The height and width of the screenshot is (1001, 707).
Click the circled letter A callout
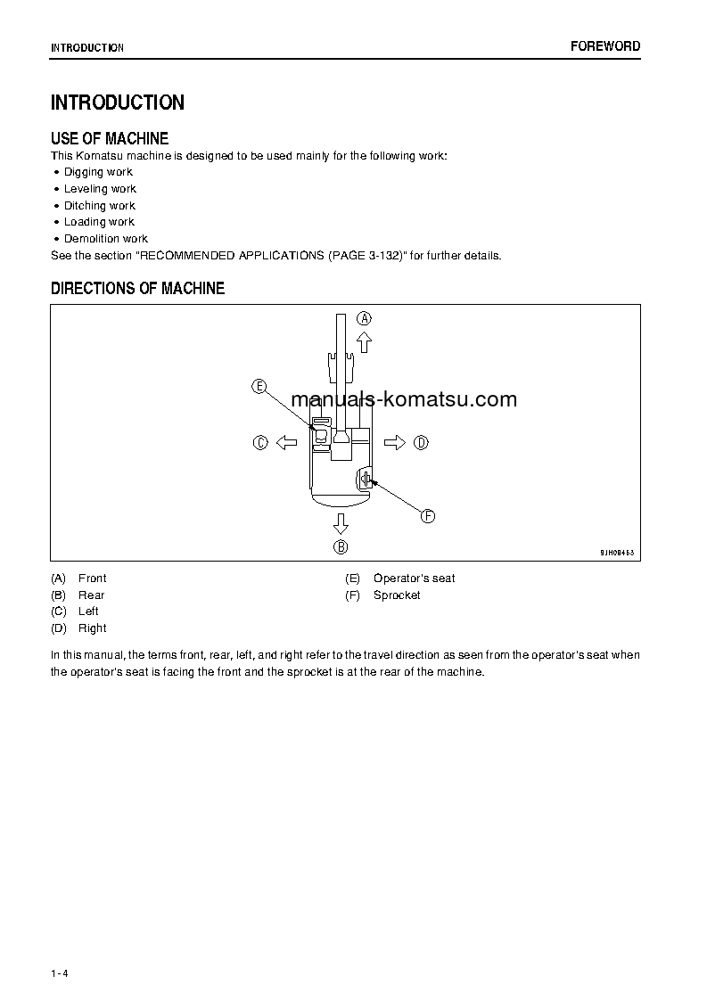click(x=365, y=318)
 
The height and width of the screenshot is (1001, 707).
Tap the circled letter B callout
click(x=341, y=546)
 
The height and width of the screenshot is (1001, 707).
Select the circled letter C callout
click(x=260, y=442)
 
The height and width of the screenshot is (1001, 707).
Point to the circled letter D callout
click(x=422, y=442)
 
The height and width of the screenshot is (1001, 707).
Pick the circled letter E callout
click(x=259, y=386)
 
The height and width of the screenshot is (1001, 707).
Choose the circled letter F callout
click(x=427, y=516)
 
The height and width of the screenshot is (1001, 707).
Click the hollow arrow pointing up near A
click(x=364, y=342)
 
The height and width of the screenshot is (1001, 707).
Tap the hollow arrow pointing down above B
click(x=341, y=523)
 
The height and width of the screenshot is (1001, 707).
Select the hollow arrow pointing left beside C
click(x=285, y=442)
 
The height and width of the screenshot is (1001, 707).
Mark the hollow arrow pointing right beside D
click(x=395, y=442)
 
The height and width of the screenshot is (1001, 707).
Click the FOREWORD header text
click(x=605, y=46)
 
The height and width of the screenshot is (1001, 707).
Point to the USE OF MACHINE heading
click(x=110, y=138)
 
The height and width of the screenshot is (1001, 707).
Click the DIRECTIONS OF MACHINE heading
click(x=137, y=289)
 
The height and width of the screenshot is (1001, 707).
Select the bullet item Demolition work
click(x=105, y=239)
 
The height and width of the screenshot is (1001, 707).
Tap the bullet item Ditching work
click(x=99, y=206)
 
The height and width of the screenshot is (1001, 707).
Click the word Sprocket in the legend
click(x=397, y=595)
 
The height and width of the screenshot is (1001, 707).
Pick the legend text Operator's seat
click(x=414, y=578)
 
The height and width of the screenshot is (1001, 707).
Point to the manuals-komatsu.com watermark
click(x=404, y=399)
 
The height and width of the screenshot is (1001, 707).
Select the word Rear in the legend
click(x=91, y=595)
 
